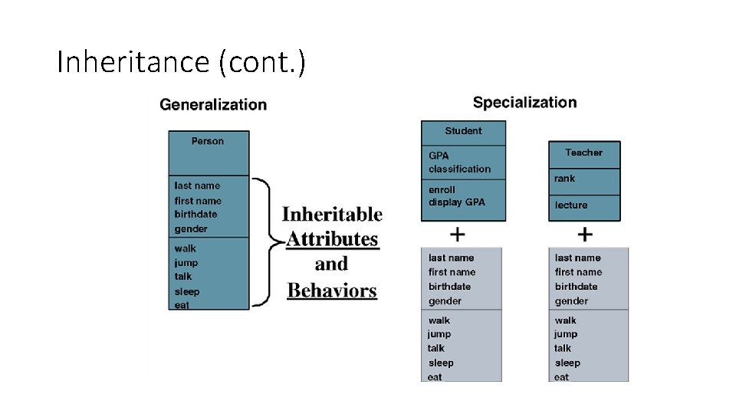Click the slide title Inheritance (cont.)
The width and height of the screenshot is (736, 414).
point(181,62)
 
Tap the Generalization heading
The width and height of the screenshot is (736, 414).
point(213,105)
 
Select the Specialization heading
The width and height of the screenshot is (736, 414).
point(524,103)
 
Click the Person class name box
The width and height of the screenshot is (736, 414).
point(208,142)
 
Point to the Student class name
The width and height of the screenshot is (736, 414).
point(463,131)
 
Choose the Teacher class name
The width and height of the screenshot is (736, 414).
point(583,153)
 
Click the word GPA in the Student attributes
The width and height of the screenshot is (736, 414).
point(439,156)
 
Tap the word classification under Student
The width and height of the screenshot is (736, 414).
point(459,169)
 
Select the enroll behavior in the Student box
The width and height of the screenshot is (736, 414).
point(442,189)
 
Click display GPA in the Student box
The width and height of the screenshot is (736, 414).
point(456,202)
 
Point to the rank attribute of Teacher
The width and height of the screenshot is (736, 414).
point(564,179)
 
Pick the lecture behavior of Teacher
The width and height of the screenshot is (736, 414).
point(571,205)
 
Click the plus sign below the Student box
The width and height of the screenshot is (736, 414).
point(457,233)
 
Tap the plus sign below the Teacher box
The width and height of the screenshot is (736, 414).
point(584,233)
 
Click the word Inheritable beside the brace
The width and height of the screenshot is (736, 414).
point(332,214)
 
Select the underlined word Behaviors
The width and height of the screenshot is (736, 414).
point(332,291)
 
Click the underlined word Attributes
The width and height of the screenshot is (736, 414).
point(332,239)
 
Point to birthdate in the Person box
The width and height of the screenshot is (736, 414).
point(195,215)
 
